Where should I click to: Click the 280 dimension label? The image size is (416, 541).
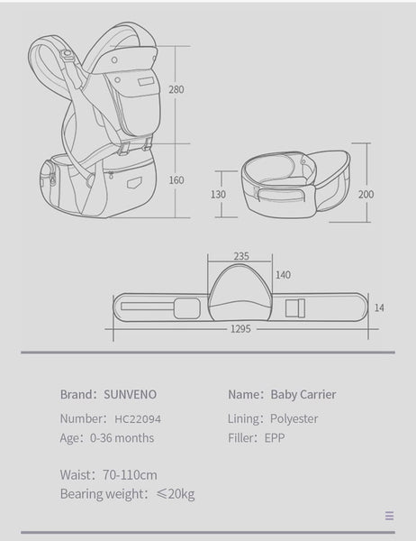[x=176, y=89]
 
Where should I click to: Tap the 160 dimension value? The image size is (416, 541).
[x=176, y=180]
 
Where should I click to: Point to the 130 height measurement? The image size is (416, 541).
[x=218, y=194]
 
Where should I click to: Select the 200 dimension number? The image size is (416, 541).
[x=366, y=194]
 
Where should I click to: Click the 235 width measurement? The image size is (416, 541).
[x=241, y=256]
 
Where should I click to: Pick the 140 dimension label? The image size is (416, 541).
[x=283, y=275]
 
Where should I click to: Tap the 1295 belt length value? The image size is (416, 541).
[x=240, y=329]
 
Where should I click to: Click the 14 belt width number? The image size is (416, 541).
[x=379, y=307]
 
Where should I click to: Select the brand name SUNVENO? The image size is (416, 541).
[x=130, y=394]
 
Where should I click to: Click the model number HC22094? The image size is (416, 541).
[x=138, y=419]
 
